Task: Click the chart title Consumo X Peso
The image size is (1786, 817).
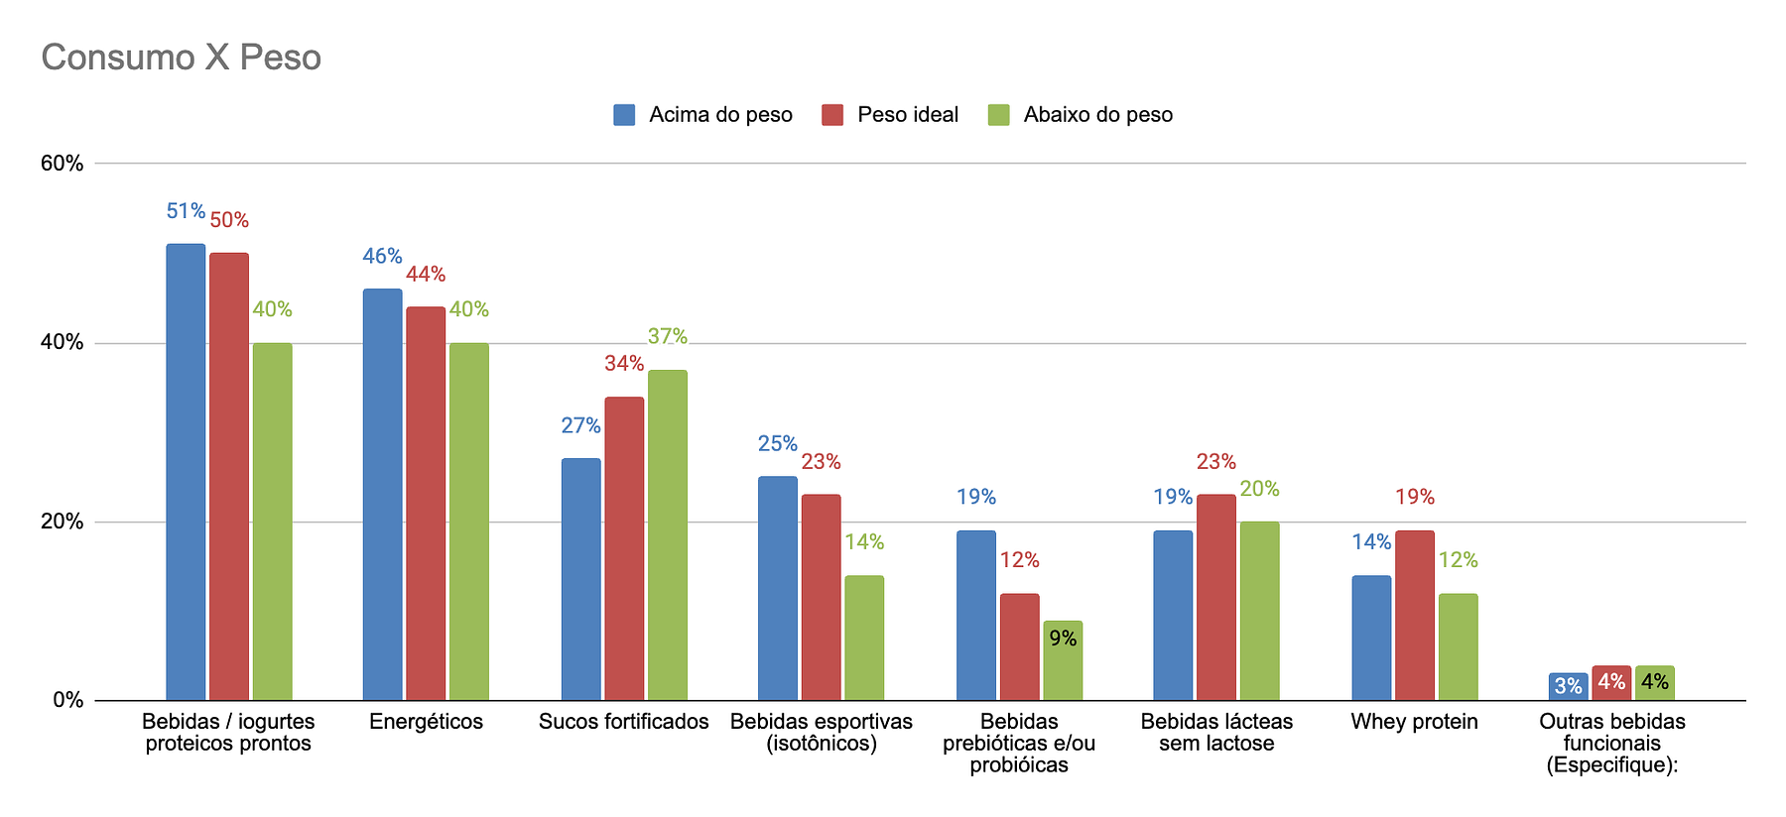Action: point(181,58)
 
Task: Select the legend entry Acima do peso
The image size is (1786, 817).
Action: point(703,115)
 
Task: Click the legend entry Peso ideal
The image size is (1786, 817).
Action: point(890,115)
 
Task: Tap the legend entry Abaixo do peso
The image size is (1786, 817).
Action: point(1081,115)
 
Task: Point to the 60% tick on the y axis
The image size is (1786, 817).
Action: point(62,164)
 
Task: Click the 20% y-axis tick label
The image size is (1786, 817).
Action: point(62,522)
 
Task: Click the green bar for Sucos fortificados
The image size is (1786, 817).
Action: point(667,535)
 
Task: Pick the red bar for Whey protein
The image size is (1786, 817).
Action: point(1414,615)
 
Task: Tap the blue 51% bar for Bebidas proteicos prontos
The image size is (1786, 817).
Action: point(186,472)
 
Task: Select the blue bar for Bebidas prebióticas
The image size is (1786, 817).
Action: point(975,615)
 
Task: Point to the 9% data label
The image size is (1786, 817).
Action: point(1063,639)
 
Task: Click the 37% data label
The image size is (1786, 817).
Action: point(667,337)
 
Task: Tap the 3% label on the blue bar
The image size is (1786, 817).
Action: point(1568,686)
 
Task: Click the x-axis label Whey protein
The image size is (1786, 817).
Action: point(1414,722)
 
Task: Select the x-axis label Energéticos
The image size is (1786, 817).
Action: point(426,722)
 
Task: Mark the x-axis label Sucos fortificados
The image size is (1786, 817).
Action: point(623,722)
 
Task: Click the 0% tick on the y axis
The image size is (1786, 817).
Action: point(67,700)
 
